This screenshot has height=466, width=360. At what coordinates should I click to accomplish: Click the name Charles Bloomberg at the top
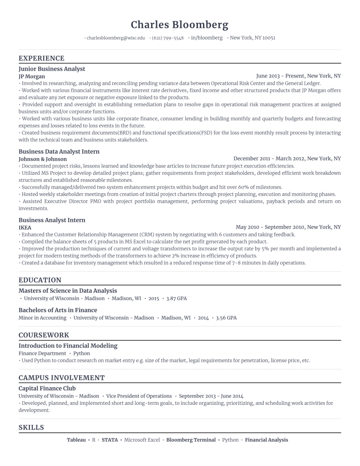pos(180,24)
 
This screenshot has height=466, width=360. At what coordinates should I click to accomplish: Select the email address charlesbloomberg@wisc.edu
pos(116,38)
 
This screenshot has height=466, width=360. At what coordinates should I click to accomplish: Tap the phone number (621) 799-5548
pos(167,38)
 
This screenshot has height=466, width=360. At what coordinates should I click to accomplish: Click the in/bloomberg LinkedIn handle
pos(207,38)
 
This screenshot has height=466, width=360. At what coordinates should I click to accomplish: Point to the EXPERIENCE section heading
pos(41,58)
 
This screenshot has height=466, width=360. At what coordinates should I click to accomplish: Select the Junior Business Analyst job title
pos(52,69)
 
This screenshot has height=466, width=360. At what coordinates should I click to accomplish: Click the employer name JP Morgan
pos(31,77)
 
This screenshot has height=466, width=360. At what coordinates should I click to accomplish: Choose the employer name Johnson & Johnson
pos(42,159)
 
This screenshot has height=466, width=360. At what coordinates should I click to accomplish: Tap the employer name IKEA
pos(25,228)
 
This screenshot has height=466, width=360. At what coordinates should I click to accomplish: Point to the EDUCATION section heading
pos(40,280)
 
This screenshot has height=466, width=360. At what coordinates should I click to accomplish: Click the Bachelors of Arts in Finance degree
pos(58,310)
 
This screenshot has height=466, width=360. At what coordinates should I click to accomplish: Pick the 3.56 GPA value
pos(226,318)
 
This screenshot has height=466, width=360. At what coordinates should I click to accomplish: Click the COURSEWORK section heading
pos(44,335)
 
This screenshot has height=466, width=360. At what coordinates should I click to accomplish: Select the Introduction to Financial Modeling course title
pos(68,346)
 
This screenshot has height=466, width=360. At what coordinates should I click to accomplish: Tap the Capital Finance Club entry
pos(47,388)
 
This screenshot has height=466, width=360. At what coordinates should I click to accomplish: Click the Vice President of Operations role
pos(139,396)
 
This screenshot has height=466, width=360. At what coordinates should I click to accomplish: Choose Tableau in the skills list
pos(76,440)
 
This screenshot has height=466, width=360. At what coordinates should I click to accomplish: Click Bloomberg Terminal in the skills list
pos(191,440)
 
